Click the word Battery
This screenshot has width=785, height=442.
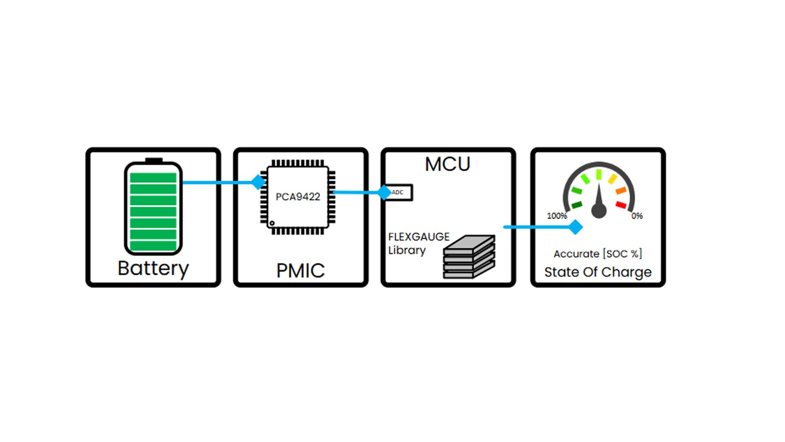coord(153,268)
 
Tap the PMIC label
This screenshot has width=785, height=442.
coord(301,270)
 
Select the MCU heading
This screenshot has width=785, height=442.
coord(447,164)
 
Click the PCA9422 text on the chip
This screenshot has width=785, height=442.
coord(298,197)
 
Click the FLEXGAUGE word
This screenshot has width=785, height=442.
coord(419,237)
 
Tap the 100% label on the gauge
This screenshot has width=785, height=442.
coord(557,216)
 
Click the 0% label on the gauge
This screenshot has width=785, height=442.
coord(637,216)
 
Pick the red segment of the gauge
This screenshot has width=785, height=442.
coord(621,205)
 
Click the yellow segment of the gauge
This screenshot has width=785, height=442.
coord(613,179)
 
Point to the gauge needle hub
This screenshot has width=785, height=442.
coord(599,210)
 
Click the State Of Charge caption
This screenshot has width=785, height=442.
coord(598,272)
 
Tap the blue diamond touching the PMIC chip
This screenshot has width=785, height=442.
coord(259,182)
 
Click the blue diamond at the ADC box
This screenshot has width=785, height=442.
coord(384,192)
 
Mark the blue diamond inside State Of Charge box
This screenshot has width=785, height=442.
coord(575,227)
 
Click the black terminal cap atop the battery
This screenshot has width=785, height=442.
coord(154,160)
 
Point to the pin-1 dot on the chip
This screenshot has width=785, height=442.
coord(272,223)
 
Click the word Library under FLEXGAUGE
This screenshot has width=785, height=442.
coord(407,250)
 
